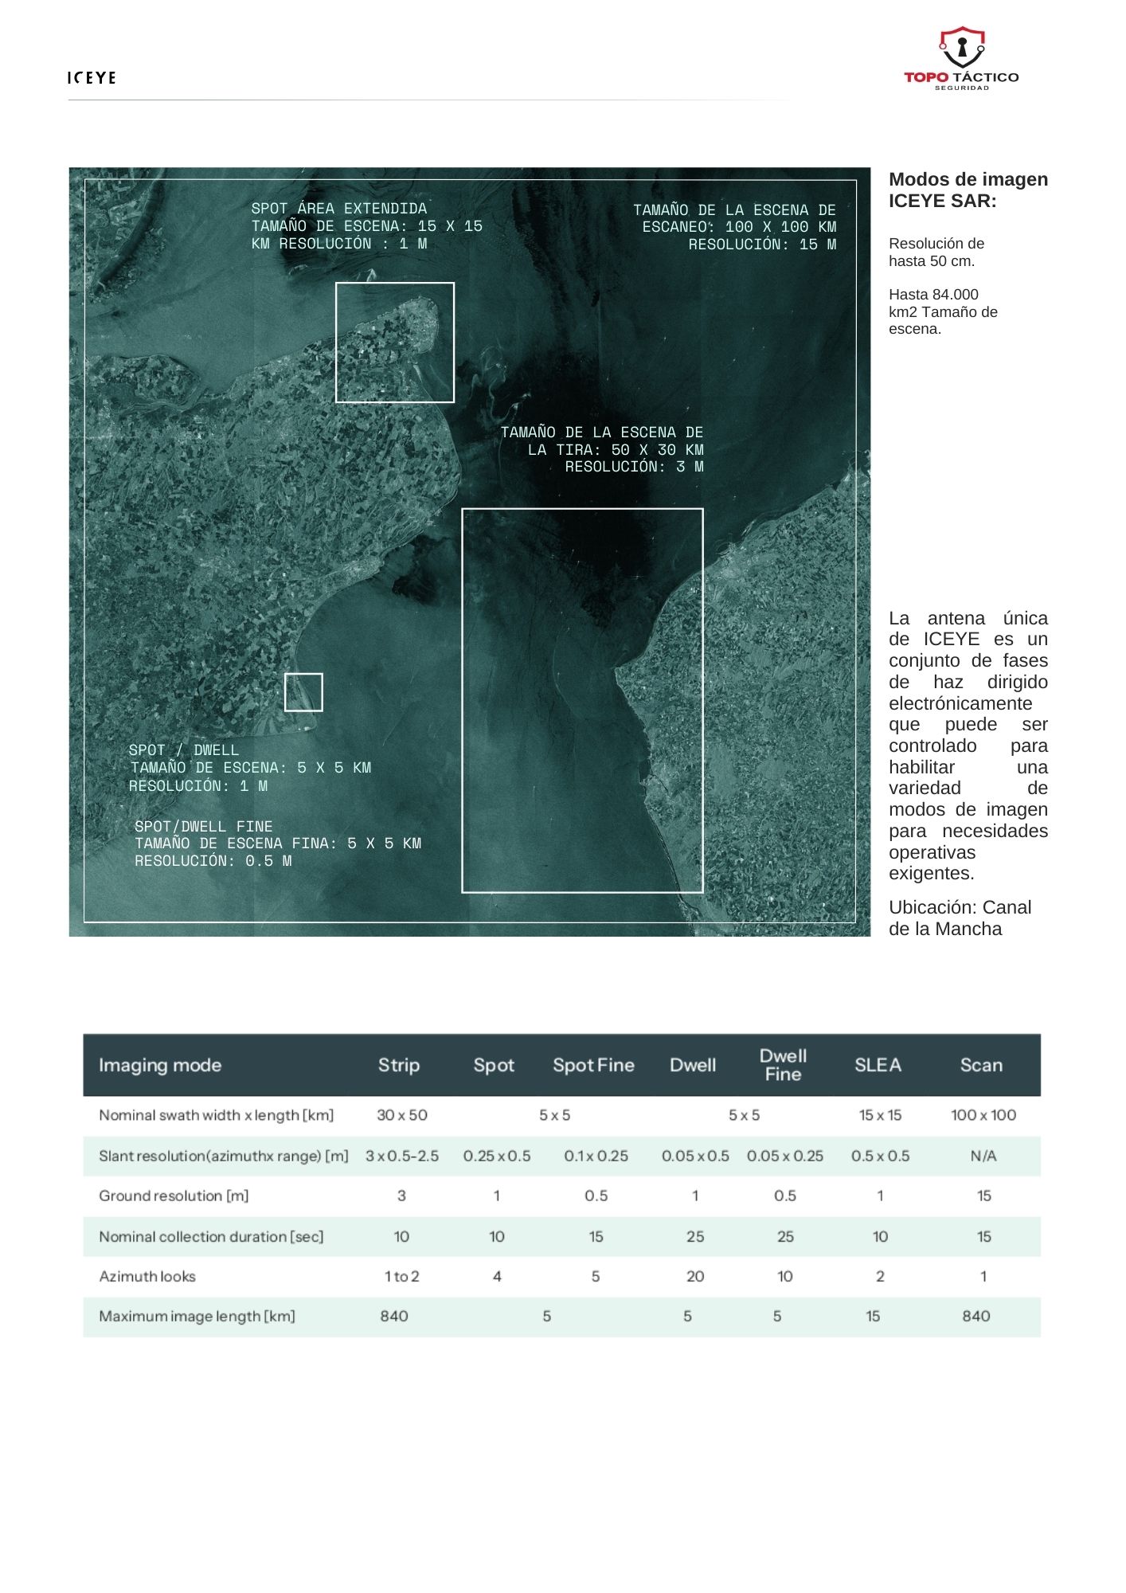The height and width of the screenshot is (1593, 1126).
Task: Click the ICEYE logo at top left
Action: click(92, 77)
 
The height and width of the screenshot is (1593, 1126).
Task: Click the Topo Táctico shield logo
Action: click(961, 49)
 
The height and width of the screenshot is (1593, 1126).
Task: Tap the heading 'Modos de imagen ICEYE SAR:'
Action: click(968, 190)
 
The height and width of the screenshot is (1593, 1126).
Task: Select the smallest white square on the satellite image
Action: click(303, 691)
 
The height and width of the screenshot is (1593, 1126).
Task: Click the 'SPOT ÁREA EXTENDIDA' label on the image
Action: click(339, 209)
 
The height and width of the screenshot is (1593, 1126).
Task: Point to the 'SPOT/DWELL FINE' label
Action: click(204, 826)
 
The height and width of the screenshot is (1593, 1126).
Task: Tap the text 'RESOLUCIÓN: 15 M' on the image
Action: click(762, 245)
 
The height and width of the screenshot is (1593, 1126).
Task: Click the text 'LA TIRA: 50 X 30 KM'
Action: click(616, 449)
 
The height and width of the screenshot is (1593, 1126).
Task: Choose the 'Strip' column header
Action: click(399, 1065)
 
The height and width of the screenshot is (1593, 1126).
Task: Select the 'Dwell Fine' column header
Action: click(783, 1065)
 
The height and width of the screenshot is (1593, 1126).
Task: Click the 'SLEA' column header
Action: click(878, 1065)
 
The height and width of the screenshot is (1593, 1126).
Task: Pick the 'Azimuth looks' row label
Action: click(147, 1276)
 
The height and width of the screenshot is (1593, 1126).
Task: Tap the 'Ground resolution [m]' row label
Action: click(174, 1196)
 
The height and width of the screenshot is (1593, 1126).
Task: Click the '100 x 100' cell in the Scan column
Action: click(983, 1115)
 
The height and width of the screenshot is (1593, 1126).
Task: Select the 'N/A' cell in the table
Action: click(983, 1156)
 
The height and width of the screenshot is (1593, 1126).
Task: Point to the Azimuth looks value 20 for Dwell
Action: click(695, 1276)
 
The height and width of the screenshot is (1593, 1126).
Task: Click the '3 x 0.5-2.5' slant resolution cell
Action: click(402, 1156)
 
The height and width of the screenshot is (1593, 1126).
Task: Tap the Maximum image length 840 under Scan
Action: click(976, 1316)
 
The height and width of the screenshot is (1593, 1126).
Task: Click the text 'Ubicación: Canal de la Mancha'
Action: click(960, 918)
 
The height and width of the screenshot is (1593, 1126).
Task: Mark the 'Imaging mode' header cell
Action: click(160, 1065)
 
